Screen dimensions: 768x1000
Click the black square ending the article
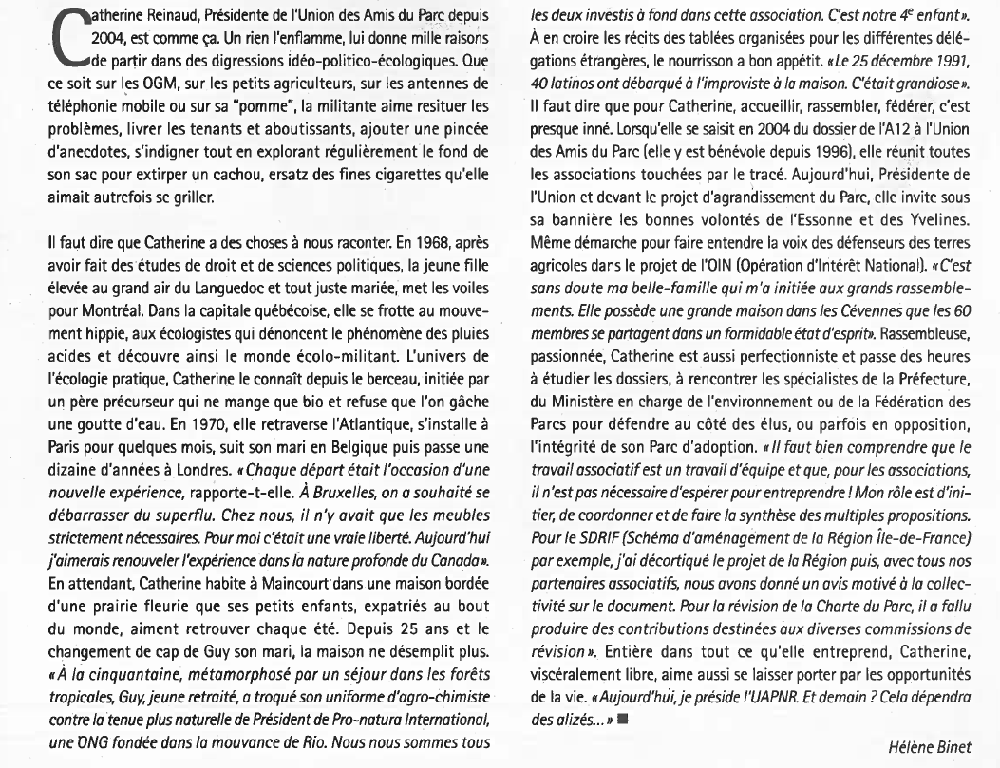tap(623, 718)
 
